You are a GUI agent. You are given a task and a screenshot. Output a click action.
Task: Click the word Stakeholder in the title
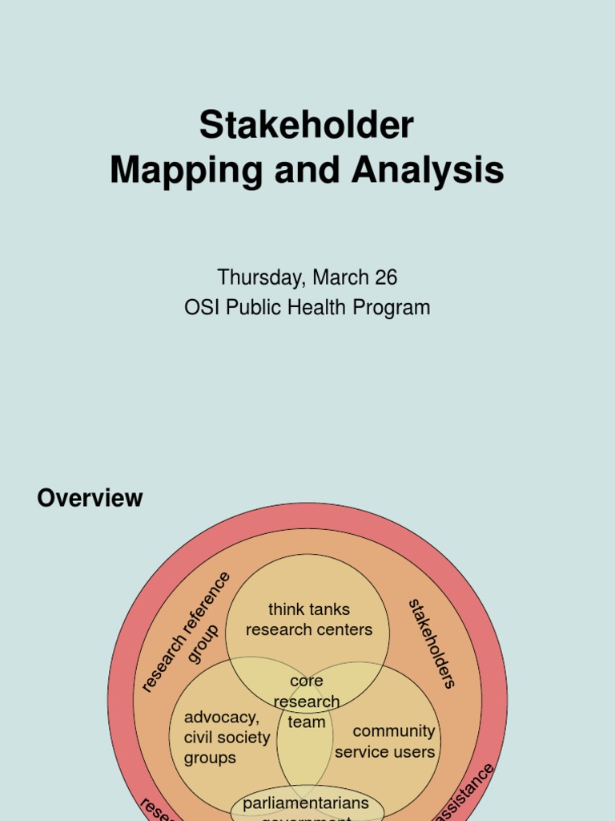click(x=307, y=126)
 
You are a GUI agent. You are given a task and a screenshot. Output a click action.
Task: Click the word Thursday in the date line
click(x=260, y=277)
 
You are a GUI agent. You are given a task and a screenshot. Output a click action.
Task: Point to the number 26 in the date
click(x=386, y=277)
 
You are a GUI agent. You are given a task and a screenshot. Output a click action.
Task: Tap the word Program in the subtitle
click(x=396, y=307)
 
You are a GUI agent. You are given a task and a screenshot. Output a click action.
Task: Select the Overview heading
click(x=90, y=498)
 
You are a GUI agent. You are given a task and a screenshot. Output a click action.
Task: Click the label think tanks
click(x=309, y=609)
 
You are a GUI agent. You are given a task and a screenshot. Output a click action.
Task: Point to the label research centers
click(x=309, y=630)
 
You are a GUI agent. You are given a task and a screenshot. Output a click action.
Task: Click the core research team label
click(x=307, y=702)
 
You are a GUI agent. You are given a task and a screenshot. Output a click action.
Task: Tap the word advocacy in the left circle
click(x=222, y=717)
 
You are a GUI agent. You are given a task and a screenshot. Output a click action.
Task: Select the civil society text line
click(x=227, y=738)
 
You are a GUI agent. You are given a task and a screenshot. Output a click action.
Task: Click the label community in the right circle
click(x=394, y=731)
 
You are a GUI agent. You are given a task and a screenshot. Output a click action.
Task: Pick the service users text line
click(x=385, y=752)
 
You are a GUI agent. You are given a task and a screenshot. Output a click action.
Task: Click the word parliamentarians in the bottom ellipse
click(x=307, y=803)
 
